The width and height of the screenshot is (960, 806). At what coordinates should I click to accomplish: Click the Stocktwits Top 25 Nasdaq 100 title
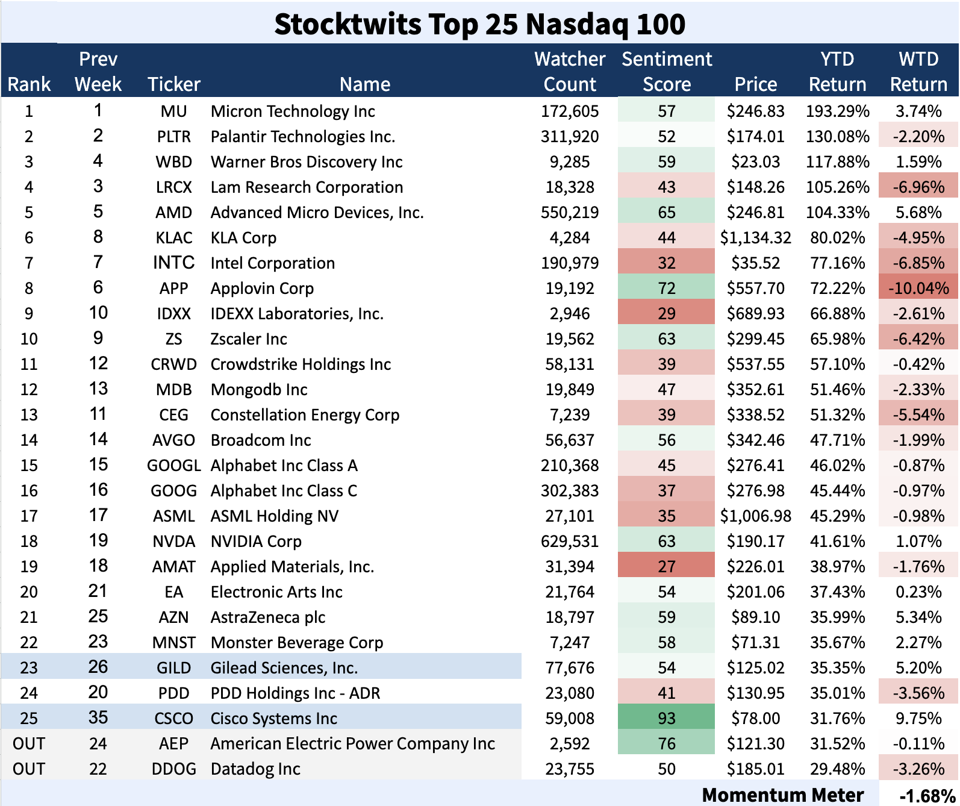479,24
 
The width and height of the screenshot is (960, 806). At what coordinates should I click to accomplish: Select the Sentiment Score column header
667,71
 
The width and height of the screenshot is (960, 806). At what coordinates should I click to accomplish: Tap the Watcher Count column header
569,71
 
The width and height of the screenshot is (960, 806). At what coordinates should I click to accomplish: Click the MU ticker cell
173,111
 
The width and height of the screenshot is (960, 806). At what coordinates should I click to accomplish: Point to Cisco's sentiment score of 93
666,718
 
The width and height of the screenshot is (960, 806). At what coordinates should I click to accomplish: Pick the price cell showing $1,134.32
755,238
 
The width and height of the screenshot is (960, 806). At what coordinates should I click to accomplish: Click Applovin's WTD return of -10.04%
918,289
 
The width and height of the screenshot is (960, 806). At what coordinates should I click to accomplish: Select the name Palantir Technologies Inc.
302,137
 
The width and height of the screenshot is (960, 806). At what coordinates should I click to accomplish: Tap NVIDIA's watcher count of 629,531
569,542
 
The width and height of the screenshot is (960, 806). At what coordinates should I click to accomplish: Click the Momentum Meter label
782,795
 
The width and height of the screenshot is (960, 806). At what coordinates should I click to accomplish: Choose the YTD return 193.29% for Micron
837,111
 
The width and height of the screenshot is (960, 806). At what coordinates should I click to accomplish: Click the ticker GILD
173,668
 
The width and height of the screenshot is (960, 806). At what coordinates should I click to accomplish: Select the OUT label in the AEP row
29,744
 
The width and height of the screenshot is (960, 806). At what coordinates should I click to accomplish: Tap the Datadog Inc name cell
255,769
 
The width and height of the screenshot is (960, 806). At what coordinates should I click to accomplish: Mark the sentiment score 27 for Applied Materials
666,567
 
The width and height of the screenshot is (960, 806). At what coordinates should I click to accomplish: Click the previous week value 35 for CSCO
98,718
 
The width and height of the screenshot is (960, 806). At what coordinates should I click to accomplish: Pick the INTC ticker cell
173,263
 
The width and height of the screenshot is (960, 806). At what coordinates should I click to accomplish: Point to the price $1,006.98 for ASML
755,516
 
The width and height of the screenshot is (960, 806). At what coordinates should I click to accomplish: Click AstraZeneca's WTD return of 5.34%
918,617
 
